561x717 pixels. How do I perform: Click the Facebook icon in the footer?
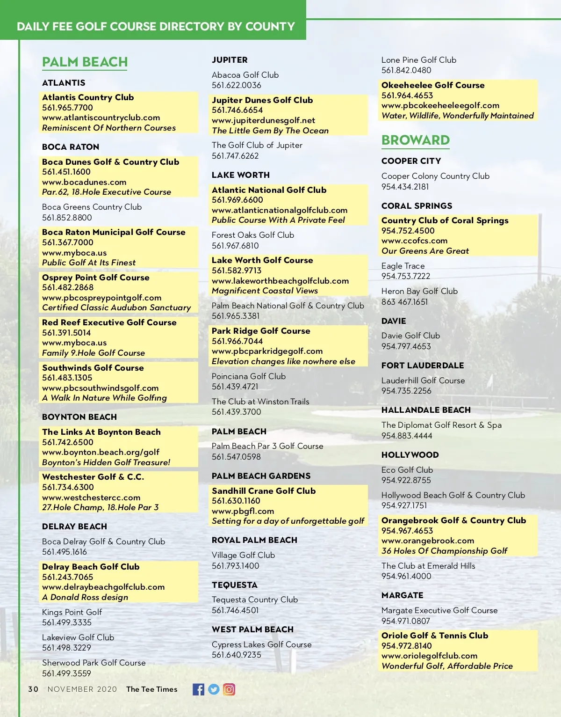pyautogui.click(x=198, y=689)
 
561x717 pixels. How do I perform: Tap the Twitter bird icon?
pyautogui.click(x=214, y=689)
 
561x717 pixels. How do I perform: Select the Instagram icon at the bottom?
pyautogui.click(x=229, y=689)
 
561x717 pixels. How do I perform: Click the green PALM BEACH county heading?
pyautogui.click(x=85, y=62)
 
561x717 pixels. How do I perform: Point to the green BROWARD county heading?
pyautogui.click(x=415, y=140)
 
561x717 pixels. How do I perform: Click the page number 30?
pyautogui.click(x=33, y=689)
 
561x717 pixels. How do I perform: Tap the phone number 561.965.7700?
pyautogui.click(x=67, y=108)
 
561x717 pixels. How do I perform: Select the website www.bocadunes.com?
pyautogui.click(x=84, y=182)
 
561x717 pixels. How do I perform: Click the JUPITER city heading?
pyautogui.click(x=230, y=60)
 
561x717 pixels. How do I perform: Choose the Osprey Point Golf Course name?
pyautogui.click(x=95, y=278)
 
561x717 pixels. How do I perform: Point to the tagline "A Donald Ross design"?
pyautogui.click(x=85, y=597)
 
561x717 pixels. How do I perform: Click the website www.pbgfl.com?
pyautogui.click(x=243, y=511)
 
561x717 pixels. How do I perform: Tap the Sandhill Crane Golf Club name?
pyautogui.click(x=264, y=491)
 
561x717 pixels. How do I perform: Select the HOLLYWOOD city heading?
pyautogui.click(x=410, y=455)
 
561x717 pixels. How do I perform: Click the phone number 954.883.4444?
pyautogui.click(x=407, y=436)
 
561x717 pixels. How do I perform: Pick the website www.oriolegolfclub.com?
pyautogui.click(x=429, y=656)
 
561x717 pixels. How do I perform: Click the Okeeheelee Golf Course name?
pyautogui.click(x=433, y=85)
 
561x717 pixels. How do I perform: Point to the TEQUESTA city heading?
pyautogui.click(x=234, y=585)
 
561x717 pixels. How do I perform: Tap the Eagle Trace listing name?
pyautogui.click(x=403, y=266)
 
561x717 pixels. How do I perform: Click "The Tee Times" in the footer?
pyautogui.click(x=151, y=689)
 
